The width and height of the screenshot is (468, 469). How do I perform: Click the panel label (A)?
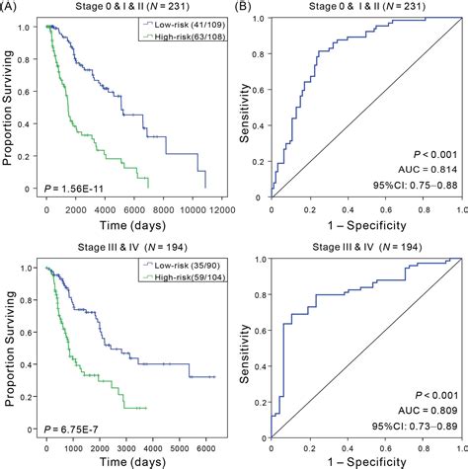pyautogui.click(x=12, y=7)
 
